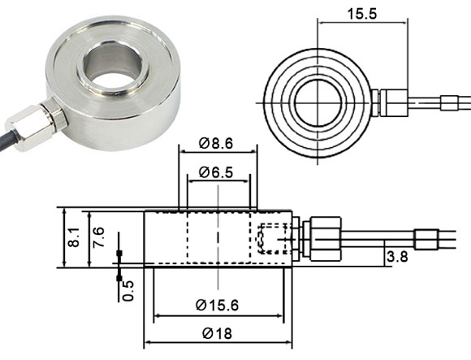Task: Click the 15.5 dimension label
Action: click(x=350, y=15)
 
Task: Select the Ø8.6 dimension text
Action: click(x=215, y=143)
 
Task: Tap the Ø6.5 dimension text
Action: click(x=215, y=172)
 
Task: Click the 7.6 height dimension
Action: click(x=97, y=237)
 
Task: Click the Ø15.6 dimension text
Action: click(x=218, y=305)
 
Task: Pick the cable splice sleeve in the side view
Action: click(x=426, y=241)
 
